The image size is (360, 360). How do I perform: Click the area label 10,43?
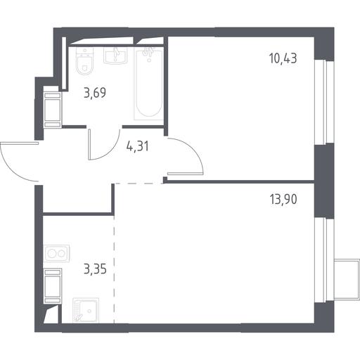(283, 58)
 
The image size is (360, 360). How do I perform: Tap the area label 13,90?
(283, 200)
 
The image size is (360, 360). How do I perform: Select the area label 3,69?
(95, 93)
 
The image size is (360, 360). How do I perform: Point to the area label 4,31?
(137, 146)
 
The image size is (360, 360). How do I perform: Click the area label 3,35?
(95, 269)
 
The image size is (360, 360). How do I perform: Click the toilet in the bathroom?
(85, 62)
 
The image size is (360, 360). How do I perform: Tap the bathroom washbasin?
(115, 56)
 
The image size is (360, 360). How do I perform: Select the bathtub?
(148, 83)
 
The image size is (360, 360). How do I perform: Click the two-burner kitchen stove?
(56, 254)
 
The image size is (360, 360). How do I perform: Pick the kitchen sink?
(86, 311)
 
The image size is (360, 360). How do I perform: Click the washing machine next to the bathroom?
(53, 110)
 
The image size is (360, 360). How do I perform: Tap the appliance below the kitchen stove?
(53, 286)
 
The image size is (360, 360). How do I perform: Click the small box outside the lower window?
(347, 279)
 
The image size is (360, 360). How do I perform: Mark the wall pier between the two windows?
(324, 181)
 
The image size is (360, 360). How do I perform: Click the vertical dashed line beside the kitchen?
(114, 269)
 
